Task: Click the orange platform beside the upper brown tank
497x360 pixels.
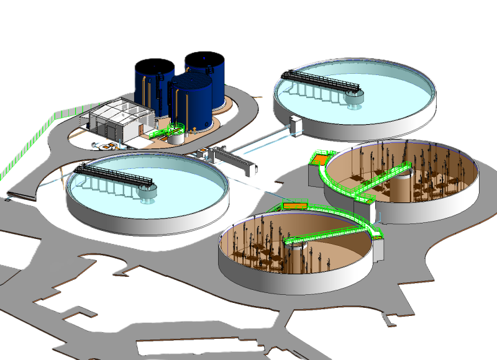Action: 320,160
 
